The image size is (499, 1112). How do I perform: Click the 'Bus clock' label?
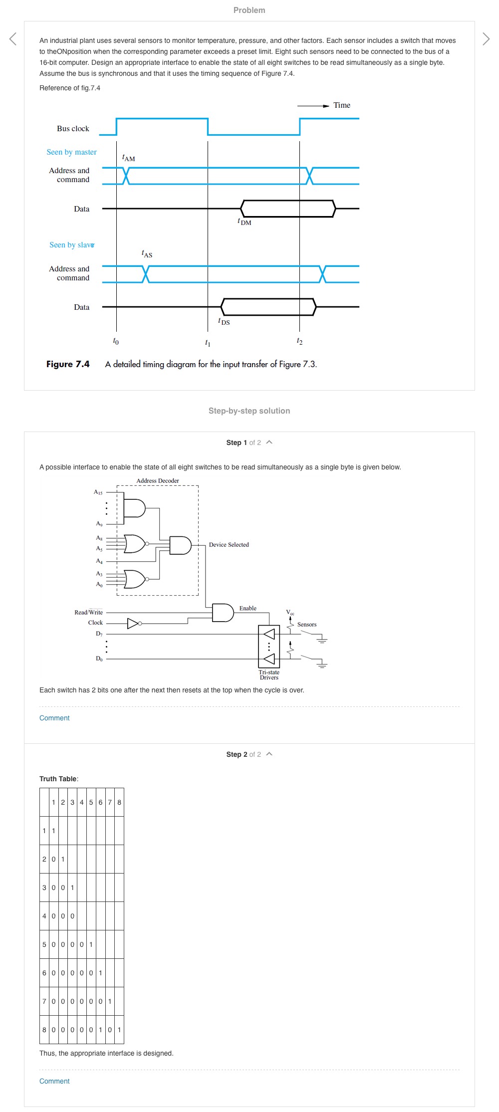(73, 129)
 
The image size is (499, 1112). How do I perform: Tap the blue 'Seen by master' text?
(71, 152)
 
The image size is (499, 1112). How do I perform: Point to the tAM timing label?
(128, 158)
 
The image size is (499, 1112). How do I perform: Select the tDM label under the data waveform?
(244, 222)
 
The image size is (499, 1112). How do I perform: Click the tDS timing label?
(224, 321)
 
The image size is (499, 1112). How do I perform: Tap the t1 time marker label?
(208, 343)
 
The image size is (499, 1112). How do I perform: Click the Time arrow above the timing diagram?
(313, 106)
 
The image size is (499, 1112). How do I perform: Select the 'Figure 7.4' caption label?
(68, 364)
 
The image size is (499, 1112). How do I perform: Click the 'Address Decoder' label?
(158, 481)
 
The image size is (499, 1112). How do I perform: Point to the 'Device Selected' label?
(229, 545)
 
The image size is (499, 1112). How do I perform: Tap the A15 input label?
(98, 492)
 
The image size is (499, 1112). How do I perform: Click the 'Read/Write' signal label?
(88, 612)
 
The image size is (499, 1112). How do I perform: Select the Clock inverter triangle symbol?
(133, 623)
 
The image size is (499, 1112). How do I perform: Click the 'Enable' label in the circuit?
(248, 608)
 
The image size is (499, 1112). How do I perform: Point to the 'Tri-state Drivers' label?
(269, 675)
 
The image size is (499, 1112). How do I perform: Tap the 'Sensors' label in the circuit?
(306, 625)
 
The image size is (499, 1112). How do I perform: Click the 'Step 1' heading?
(237, 443)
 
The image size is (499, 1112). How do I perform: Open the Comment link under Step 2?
(54, 1081)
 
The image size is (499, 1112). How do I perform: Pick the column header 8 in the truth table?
(119, 802)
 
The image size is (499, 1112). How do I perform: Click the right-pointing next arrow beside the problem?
(486, 39)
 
